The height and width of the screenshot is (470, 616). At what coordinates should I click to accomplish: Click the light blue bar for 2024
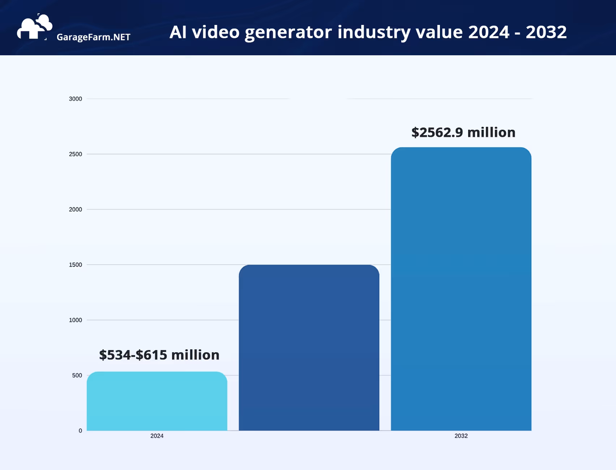coord(157,401)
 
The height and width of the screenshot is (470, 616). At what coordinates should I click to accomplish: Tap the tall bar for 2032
coord(461,289)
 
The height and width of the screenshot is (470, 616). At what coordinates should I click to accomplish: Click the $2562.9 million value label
coord(463,133)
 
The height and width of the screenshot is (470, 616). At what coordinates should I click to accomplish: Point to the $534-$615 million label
coord(159,355)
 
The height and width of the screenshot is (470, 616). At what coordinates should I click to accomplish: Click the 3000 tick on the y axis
coord(75,99)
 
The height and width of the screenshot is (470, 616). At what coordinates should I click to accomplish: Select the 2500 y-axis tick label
coord(75,154)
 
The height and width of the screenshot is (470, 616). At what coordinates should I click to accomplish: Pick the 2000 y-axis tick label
coord(75,210)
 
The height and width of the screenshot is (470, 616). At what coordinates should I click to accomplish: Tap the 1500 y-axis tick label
coord(75,265)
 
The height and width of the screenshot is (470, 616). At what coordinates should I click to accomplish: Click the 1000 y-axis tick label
coord(75,320)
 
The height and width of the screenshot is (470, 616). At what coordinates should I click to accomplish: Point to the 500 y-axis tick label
coord(77,375)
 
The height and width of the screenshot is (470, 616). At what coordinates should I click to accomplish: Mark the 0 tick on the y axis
coord(80,431)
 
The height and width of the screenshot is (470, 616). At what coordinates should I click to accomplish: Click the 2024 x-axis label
coord(157,436)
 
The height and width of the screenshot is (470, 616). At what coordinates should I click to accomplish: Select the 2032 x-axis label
coord(461,436)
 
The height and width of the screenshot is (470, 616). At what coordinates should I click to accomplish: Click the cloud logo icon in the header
coord(34,27)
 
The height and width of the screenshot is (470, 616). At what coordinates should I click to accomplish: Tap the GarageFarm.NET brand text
coord(93,37)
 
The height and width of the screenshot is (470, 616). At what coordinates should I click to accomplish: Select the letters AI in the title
coord(178,32)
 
